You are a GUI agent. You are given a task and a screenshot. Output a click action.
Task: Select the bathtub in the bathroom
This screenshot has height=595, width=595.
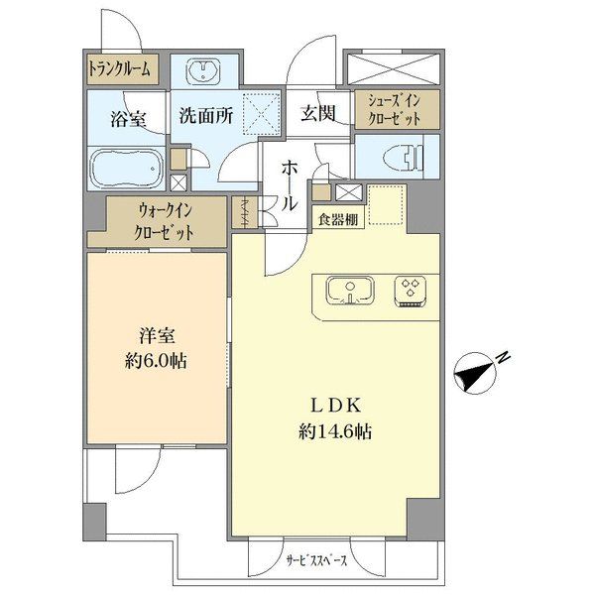pyautogui.click(x=126, y=171)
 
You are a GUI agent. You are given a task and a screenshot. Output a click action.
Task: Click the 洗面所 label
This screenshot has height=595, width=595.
pyautogui.click(x=205, y=115)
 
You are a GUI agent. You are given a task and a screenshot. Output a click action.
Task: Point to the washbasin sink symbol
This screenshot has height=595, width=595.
pyautogui.click(x=207, y=70)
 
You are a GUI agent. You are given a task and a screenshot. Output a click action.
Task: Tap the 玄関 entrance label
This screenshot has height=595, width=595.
pyautogui.click(x=318, y=113)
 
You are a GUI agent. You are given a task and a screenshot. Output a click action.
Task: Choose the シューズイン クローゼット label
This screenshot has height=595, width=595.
pyautogui.click(x=394, y=108)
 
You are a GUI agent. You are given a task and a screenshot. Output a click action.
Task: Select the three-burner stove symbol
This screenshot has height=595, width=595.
pyautogui.click(x=409, y=290)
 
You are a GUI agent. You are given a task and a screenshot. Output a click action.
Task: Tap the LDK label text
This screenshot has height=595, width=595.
pyautogui.click(x=332, y=406)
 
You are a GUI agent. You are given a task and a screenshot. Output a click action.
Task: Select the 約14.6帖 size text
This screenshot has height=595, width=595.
pyautogui.click(x=332, y=432)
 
